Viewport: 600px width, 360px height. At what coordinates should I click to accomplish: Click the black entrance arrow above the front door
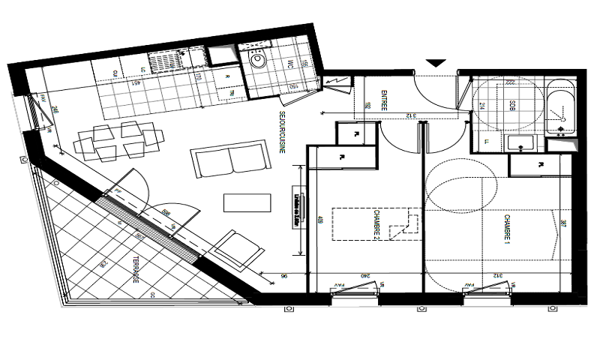coord(436,64)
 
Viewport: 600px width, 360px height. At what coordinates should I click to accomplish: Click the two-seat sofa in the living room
coord(230,160)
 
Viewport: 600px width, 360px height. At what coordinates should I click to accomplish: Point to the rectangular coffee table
coord(247,203)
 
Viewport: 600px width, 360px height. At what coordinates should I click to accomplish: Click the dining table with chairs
coord(120,140)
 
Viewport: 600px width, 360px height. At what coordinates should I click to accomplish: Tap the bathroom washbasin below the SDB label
coord(517,142)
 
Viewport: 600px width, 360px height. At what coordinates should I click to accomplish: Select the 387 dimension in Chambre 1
coord(563,223)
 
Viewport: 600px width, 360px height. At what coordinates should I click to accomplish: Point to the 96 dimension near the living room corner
coord(284,275)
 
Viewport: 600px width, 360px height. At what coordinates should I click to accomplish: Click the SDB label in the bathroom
coord(512,106)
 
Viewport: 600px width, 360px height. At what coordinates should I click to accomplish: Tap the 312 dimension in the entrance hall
coord(410,115)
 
